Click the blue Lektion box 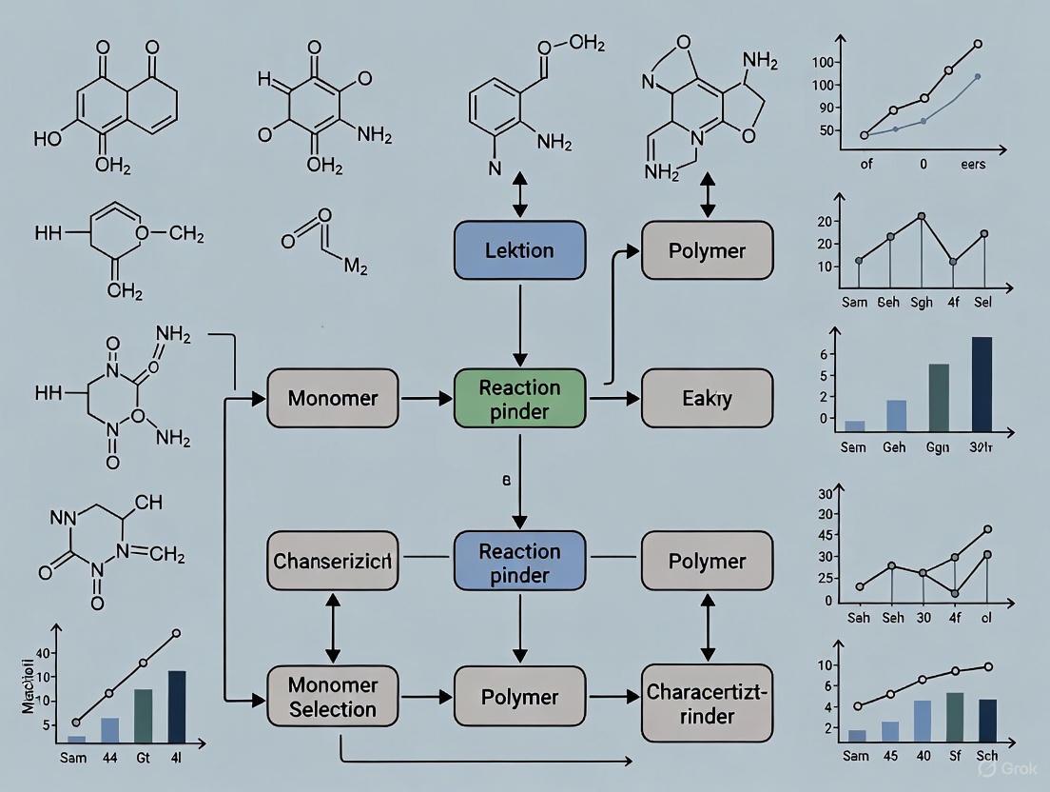[x=519, y=250]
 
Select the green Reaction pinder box [x=519, y=399]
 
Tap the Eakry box [x=707, y=399]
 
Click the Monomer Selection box [x=333, y=697]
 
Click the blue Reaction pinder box [x=519, y=562]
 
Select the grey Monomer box [x=333, y=399]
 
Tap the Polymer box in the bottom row [x=519, y=697]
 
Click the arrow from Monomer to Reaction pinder [x=426, y=399]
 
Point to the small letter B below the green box [x=507, y=482]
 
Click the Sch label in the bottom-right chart [x=988, y=756]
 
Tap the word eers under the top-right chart [x=972, y=164]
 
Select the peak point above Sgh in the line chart [x=922, y=217]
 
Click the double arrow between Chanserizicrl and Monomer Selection [x=333, y=628]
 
